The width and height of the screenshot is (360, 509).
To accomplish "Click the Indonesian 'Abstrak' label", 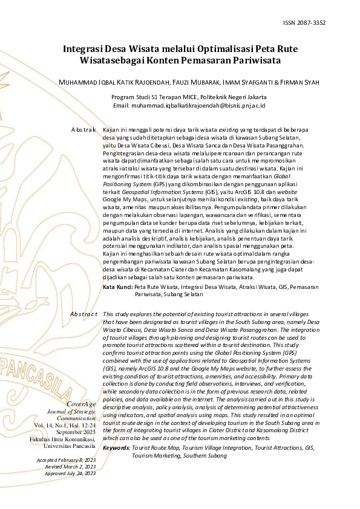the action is coord(83,130).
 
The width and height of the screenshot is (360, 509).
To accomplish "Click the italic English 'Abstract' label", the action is coord(83,314).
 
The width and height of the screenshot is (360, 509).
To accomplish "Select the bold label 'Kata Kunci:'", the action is coord(117,287).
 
